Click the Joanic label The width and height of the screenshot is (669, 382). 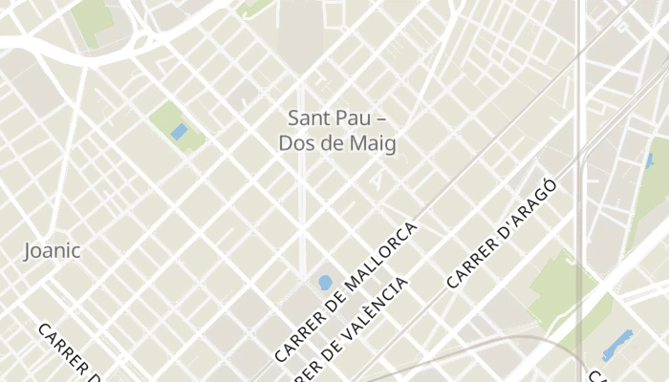[52, 251]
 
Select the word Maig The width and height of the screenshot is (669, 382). [374, 144]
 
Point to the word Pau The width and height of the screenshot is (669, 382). [356, 118]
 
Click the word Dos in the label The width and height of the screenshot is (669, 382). [295, 144]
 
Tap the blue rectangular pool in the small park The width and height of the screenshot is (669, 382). [179, 131]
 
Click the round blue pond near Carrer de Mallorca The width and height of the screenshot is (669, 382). [325, 283]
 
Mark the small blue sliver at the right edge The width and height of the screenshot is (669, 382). [649, 160]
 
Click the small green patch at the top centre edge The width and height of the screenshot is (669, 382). [252, 7]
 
